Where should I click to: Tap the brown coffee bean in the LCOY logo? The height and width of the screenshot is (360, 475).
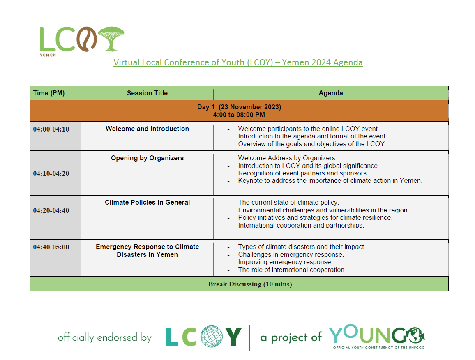click(86, 39)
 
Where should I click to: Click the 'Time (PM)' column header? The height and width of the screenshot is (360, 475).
click(49, 93)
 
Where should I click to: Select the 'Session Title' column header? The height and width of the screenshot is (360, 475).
click(147, 93)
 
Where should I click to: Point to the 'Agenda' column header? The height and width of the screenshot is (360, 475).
click(331, 93)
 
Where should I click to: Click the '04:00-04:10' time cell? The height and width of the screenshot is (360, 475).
click(51, 129)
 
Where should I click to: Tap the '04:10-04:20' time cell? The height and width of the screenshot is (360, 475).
click(51, 173)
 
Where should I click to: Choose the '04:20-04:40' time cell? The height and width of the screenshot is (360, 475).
click(51, 210)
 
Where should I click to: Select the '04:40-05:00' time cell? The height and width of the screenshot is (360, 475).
click(51, 247)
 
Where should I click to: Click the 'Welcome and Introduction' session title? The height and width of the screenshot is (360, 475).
click(147, 129)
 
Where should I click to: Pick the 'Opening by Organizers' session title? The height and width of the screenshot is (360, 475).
click(147, 158)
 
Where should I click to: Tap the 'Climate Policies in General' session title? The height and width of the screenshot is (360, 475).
click(147, 203)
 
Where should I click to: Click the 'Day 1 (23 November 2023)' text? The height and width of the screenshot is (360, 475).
click(239, 107)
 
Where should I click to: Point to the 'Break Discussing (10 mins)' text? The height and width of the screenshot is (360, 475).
click(250, 284)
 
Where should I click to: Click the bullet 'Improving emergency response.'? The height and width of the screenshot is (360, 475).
click(285, 262)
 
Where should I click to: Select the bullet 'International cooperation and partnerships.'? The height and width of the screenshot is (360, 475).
click(301, 226)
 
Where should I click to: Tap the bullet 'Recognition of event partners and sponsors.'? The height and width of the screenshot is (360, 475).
click(303, 173)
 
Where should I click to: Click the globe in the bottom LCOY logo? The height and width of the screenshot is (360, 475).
click(212, 336)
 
